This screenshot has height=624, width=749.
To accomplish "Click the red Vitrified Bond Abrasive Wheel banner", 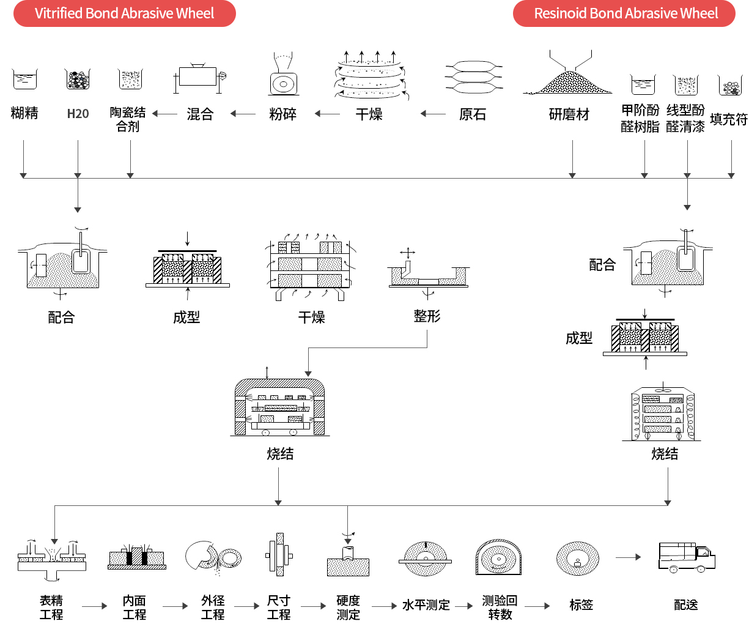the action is tap(125, 13).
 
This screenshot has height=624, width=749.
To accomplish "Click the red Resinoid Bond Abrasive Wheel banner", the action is tap(624, 13).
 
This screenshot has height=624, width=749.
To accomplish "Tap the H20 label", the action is tap(78, 114).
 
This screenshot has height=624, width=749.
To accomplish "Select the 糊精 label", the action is tap(24, 113).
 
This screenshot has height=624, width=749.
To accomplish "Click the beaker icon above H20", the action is tap(78, 79).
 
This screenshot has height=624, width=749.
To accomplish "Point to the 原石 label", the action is tap(473, 114).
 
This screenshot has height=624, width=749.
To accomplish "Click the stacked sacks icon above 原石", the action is tap(473, 76).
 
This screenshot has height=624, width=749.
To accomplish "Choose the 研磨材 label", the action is tap(569, 114).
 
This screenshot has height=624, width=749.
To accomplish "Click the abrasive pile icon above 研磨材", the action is tap(567, 75).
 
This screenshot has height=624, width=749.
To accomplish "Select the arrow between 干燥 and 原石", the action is tap(433, 114).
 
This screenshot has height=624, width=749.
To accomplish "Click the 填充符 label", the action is tap(729, 119).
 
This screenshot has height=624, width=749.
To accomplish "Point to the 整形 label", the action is tap(427, 316).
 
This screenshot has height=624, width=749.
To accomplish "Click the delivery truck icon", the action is tap(687, 557).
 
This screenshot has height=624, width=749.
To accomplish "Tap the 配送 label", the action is tap(686, 604).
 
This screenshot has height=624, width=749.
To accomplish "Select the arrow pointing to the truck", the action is tap(628, 557).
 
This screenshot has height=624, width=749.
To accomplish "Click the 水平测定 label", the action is tap(426, 605).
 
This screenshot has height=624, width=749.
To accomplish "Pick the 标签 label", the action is tap(581, 604).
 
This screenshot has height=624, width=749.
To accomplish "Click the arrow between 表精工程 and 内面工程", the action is tap(95, 606).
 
